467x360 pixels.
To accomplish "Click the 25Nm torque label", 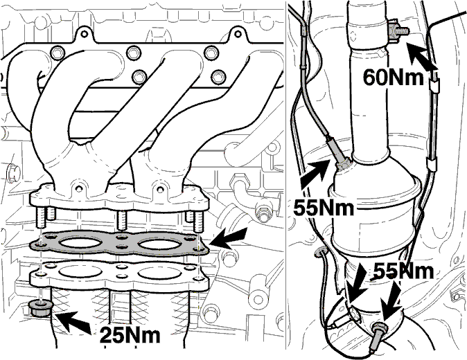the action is pos(130,335).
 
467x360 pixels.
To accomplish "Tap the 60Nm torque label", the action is pos(393,78).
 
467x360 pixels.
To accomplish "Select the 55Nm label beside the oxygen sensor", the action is pos(324,207).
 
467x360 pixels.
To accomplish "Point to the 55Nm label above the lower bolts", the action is pos(403,271).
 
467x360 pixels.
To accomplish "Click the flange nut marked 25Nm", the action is pos(40,308).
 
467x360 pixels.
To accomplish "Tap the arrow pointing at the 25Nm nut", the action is pos(73,321).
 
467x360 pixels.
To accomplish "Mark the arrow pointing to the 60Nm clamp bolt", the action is pos(421,57).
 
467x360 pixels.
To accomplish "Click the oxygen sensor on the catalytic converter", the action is pos(338,152).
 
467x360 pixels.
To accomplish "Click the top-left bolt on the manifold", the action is pos(57,53).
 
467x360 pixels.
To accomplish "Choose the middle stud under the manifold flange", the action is pos(121,219).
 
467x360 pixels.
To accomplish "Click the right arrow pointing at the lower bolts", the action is pos(391,300).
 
